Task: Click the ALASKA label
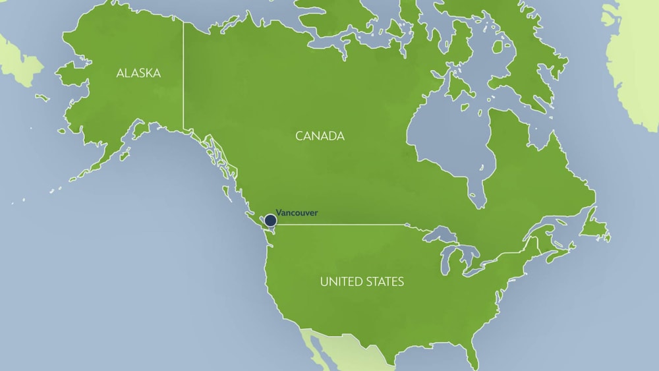pyautogui.click(x=138, y=73)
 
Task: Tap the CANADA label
pyautogui.click(x=320, y=136)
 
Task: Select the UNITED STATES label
pyautogui.click(x=362, y=282)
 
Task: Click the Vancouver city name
pyautogui.click(x=297, y=213)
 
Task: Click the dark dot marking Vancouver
pyautogui.click(x=270, y=219)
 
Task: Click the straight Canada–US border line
pyautogui.click(x=343, y=224)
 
